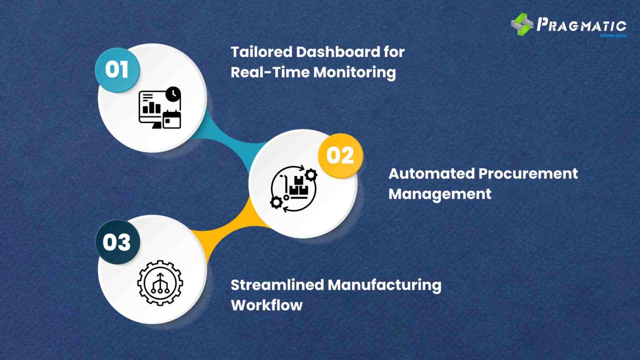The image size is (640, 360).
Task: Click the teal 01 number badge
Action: pyautogui.click(x=117, y=70)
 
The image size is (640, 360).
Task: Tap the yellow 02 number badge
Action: pyautogui.click(x=340, y=156)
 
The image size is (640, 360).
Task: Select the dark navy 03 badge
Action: pyautogui.click(x=117, y=242)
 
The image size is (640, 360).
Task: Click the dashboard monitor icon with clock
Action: pyautogui.click(x=160, y=108)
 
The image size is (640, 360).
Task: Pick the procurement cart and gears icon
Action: pyautogui.click(x=294, y=188)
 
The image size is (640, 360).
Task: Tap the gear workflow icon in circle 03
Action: pyautogui.click(x=160, y=283)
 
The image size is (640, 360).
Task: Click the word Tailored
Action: pyautogui.click(x=261, y=52)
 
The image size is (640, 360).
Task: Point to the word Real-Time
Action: pyautogui.click(x=270, y=72)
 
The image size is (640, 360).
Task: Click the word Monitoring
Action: pyautogui.click(x=355, y=72)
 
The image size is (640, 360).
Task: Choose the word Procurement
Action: pyautogui.click(x=528, y=174)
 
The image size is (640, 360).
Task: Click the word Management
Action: pyautogui.click(x=440, y=194)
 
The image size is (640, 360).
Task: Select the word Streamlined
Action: pyautogui.click(x=277, y=285)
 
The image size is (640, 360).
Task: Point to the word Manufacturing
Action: pyautogui.click(x=385, y=285)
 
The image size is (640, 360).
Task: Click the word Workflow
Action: pyautogui.click(x=267, y=305)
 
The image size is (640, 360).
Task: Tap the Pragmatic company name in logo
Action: pyautogui.click(x=581, y=25)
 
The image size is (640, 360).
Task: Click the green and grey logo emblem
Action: pyautogui.click(x=522, y=25)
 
